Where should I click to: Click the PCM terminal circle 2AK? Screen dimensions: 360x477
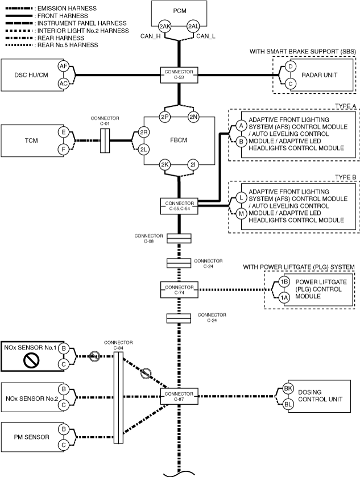tap(164, 26)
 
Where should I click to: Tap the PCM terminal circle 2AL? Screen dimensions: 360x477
tap(193, 26)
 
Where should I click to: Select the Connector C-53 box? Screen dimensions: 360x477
tap(179, 75)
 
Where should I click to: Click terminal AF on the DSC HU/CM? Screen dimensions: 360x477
tap(63, 67)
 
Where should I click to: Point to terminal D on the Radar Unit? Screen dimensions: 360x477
tap(290, 67)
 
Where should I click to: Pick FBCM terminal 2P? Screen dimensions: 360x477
tap(164, 117)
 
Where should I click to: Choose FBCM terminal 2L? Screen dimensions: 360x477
tap(143, 150)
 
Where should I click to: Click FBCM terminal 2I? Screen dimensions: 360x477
tap(193, 165)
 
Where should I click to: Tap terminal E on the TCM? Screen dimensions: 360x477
tap(63, 132)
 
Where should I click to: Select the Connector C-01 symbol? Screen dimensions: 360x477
tap(105, 140)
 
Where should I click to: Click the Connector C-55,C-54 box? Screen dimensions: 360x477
tap(179, 206)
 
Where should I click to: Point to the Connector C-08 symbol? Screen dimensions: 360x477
tap(179, 239)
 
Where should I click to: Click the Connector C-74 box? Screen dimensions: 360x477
tap(179, 289)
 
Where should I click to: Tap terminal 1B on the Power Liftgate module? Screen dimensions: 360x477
tap(284, 282)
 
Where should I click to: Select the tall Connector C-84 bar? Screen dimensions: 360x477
tap(118, 397)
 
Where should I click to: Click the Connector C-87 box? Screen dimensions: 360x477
tap(179, 396)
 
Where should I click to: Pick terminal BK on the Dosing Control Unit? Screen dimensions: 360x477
tap(288, 388)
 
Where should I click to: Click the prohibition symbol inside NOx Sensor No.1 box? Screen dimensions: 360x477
tap(31, 361)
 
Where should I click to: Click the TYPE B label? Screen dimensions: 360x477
tap(345, 177)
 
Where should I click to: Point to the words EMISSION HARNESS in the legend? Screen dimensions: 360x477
tap(67, 9)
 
